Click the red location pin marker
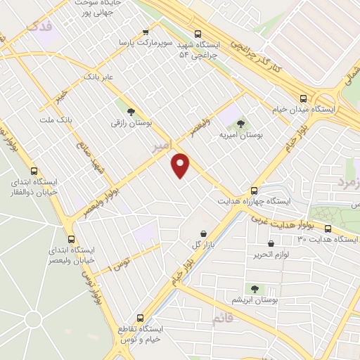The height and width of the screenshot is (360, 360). click(181, 165)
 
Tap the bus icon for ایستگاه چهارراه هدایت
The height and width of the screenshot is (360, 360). click(255, 190)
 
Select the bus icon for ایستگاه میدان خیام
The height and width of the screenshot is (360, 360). click(304, 99)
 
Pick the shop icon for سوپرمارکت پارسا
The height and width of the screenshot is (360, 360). click(146, 32)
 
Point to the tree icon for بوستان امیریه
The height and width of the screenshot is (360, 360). click(241, 123)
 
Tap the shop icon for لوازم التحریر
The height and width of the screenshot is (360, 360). click(271, 244)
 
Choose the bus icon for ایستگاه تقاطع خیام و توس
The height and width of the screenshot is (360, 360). click(141, 317)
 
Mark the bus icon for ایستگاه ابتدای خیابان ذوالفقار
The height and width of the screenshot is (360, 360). click(34, 170)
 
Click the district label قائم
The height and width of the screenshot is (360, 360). click(226, 319)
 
